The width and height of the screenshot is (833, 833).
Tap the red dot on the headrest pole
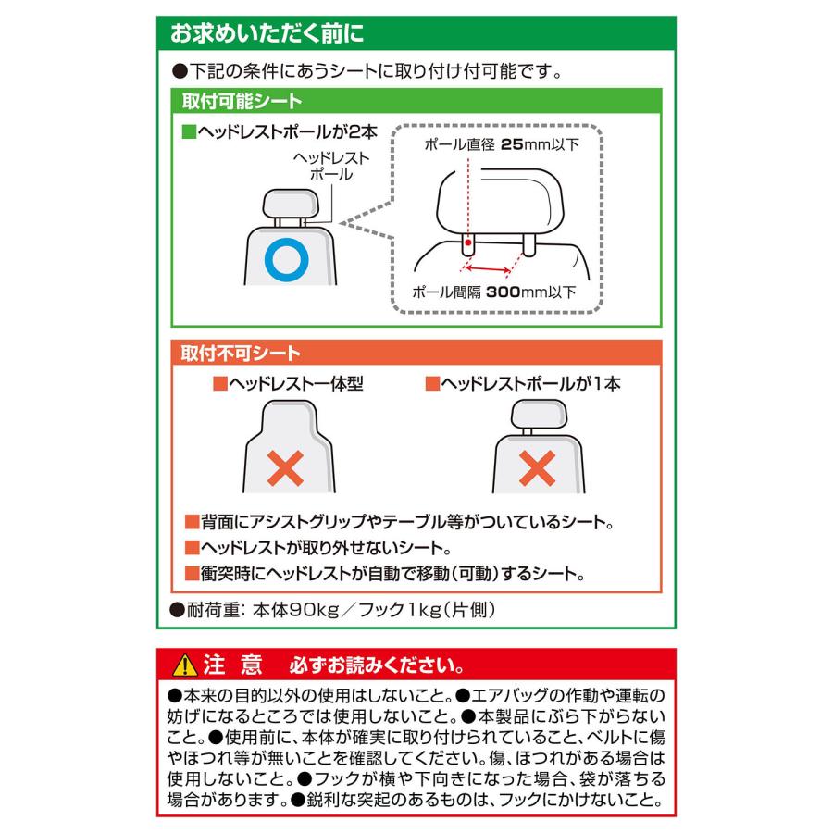coord(469,242)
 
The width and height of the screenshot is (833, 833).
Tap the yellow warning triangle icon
coord(182,665)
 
